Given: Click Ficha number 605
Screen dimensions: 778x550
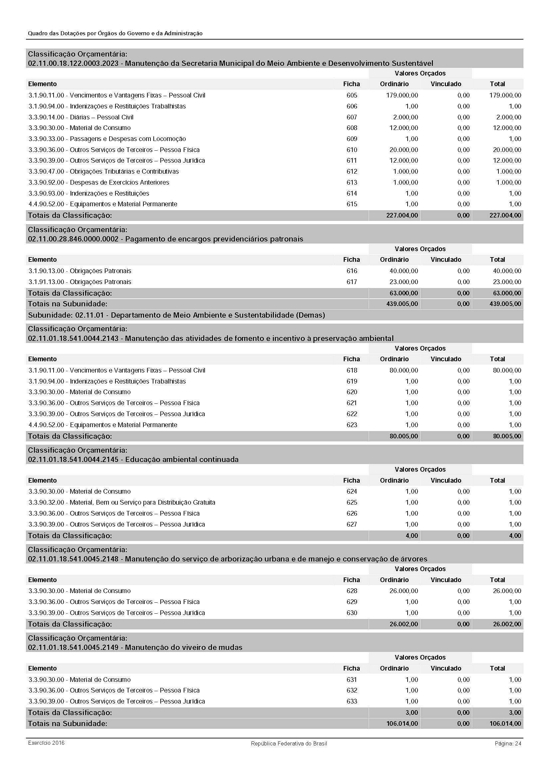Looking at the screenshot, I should tap(351, 95).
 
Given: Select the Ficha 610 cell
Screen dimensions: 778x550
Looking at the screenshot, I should tap(351, 150).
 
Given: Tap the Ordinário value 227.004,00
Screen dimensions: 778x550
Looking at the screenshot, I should tap(402, 215).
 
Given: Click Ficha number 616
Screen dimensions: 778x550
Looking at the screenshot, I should tap(351, 271).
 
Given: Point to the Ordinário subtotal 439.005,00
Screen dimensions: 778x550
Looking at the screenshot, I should tap(402, 304).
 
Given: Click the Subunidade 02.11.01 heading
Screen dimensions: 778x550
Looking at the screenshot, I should tap(176, 315).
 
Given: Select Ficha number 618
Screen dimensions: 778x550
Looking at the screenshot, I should tap(351, 370).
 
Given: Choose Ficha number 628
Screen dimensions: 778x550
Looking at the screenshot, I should tap(351, 591).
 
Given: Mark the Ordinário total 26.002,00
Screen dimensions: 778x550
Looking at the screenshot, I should tap(404, 624).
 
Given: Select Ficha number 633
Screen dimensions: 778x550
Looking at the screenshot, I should tap(351, 701).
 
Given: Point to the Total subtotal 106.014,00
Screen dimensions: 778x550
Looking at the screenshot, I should tap(505, 723).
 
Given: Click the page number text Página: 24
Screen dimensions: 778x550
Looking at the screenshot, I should tap(508, 743).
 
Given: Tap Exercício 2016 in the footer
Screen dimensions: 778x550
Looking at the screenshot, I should tap(46, 743).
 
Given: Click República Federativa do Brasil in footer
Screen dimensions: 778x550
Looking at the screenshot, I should tap(289, 743).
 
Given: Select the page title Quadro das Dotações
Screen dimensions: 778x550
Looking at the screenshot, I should tap(115, 33).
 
